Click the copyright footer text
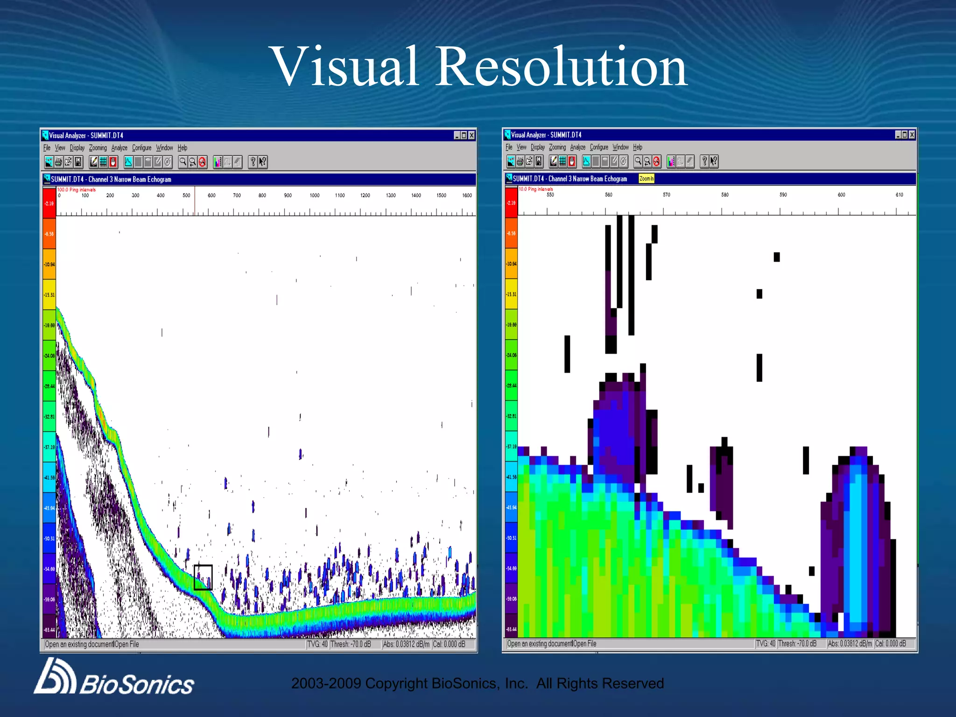click(477, 683)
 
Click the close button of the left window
click(471, 135)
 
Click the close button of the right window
click(912, 135)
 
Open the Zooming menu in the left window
click(98, 148)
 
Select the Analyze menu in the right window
click(577, 148)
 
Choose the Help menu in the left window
click(182, 148)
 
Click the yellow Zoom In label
click(647, 179)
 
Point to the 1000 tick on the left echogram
click(314, 196)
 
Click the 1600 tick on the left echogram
click(467, 196)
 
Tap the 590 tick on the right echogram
click(783, 195)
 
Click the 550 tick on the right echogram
click(550, 195)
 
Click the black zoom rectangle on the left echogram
click(203, 577)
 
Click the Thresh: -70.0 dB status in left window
click(351, 644)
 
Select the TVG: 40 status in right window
click(766, 644)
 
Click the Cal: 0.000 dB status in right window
click(890, 644)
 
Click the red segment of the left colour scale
click(49, 203)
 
